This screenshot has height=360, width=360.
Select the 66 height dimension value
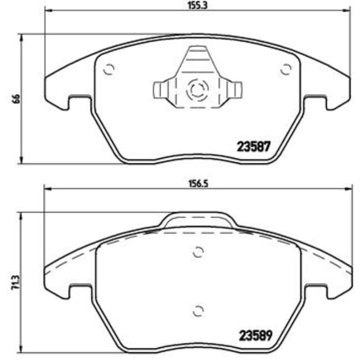tap(16, 100)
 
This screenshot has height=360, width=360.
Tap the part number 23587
tap(253, 148)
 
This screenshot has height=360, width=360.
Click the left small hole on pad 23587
tap(109, 70)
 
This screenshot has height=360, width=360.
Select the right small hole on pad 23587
tap(286, 70)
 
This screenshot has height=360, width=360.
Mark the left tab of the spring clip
tap(159, 91)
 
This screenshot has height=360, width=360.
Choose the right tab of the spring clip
tap(236, 91)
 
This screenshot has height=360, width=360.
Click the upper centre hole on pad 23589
tap(198, 252)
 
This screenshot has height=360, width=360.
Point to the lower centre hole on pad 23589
tap(198, 310)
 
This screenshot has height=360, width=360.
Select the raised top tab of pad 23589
tap(198, 220)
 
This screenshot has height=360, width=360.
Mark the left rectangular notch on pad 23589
tap(78, 291)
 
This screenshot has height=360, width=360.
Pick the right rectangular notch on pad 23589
tap(316, 291)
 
